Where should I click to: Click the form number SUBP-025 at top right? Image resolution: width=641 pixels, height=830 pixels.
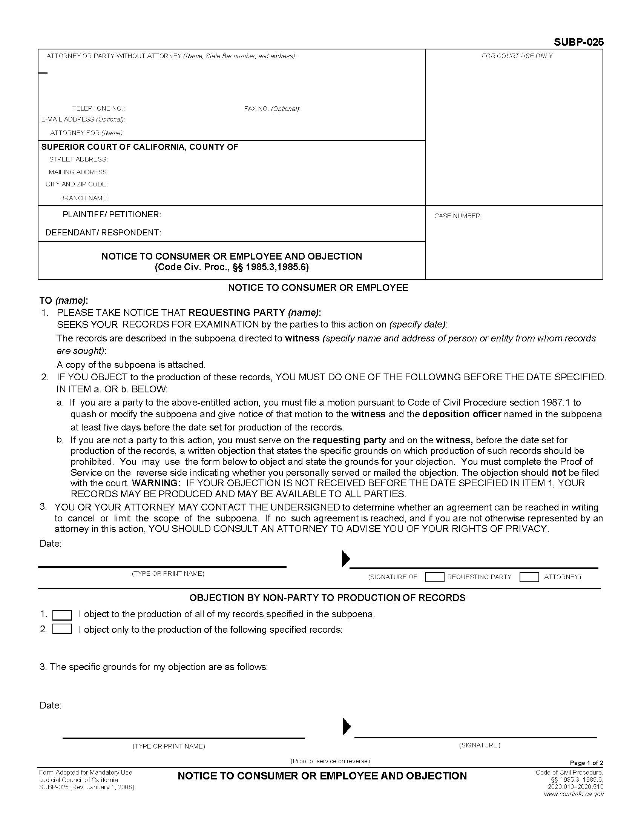pos(578,42)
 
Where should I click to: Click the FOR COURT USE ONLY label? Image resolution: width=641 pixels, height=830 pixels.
pos(517,56)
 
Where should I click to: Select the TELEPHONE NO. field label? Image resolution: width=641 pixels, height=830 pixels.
pos(98,108)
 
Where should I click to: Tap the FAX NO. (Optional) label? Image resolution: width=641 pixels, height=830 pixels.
pos(271,109)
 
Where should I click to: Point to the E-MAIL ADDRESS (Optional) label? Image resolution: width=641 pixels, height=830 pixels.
pos(83,119)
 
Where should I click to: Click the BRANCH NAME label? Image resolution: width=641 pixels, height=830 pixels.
pos(84,198)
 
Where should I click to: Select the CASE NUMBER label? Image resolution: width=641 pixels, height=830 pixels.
pos(458,216)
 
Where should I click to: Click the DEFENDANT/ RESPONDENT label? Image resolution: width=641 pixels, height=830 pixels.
pos(103,232)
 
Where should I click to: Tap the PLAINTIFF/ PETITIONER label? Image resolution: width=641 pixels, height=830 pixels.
pos(112,214)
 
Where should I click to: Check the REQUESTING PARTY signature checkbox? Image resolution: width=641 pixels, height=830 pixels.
pos(434,577)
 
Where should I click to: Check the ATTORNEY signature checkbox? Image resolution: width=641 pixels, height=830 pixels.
pos(529,577)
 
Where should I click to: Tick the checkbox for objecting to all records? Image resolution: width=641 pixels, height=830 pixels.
pos(62,615)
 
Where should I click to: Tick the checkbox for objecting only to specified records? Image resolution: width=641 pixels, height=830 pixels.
pos(62,629)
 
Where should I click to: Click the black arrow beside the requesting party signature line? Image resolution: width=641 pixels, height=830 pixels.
pos(345,558)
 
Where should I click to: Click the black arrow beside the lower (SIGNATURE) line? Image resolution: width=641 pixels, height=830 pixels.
pos(346,726)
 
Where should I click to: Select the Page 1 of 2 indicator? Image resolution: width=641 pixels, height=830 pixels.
pos(586,763)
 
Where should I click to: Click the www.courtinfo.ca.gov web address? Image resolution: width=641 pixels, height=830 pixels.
pos(574,794)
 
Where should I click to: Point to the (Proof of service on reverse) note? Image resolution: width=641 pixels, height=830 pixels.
pos(330,761)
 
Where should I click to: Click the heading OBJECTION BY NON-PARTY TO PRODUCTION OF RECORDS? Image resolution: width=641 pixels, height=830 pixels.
pos(327,598)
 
